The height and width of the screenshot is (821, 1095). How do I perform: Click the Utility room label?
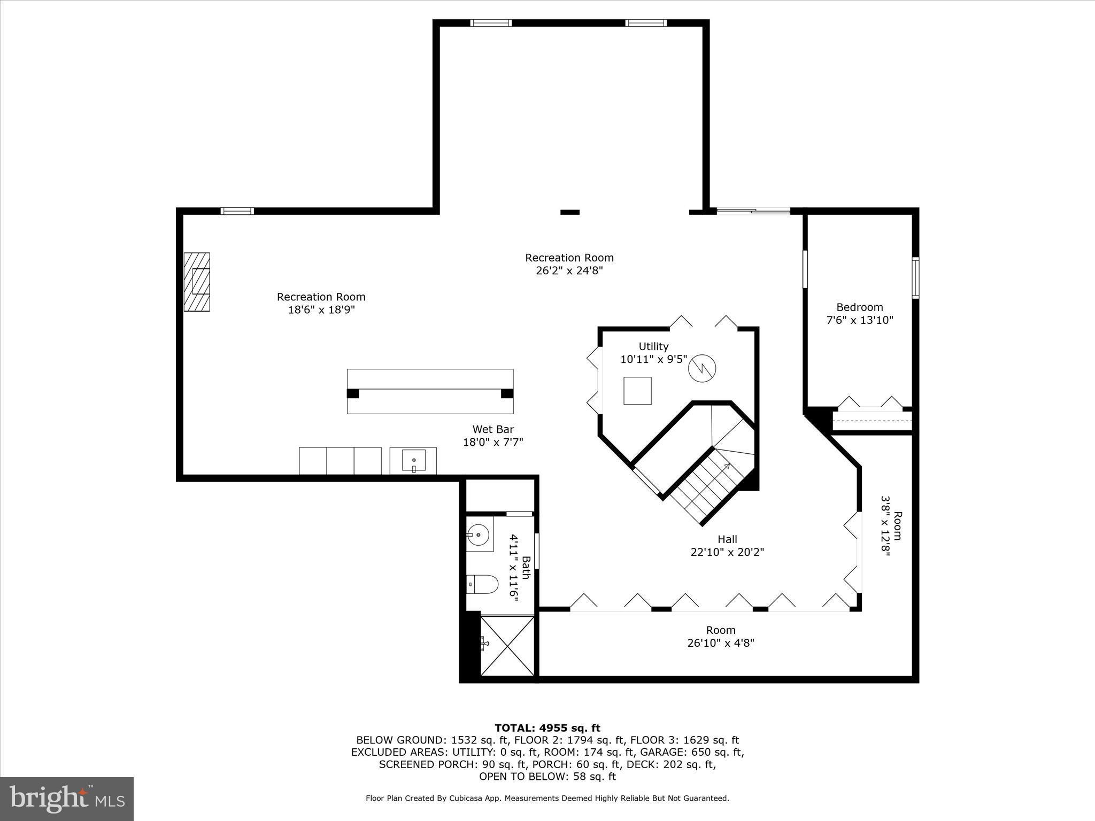pos(653,346)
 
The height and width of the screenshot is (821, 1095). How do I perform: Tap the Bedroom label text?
pos(860,307)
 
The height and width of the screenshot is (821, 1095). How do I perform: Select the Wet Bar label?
pos(493,429)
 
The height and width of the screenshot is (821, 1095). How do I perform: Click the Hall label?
pos(727,539)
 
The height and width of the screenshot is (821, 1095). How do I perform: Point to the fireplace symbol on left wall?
pos(197,282)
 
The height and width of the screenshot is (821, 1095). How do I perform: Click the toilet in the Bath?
pos(482,584)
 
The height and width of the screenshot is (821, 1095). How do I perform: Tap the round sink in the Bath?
pos(477,533)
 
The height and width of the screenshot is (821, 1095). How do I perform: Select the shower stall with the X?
pos(507,646)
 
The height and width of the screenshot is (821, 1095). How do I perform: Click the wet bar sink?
pos(413,461)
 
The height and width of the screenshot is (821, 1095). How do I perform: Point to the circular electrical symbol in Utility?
pos(701,368)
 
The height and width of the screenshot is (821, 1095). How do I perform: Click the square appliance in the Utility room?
pos(637,391)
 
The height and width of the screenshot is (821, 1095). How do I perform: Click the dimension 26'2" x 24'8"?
pos(569,271)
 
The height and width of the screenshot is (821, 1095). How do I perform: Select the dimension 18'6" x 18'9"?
pos(321,310)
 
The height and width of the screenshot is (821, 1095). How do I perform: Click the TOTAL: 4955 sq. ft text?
pos(547,728)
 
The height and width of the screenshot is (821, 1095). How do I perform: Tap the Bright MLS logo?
pos(67,799)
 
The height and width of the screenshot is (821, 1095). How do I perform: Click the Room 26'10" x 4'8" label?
pos(721,637)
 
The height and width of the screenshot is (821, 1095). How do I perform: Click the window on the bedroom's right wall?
pos(915,277)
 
